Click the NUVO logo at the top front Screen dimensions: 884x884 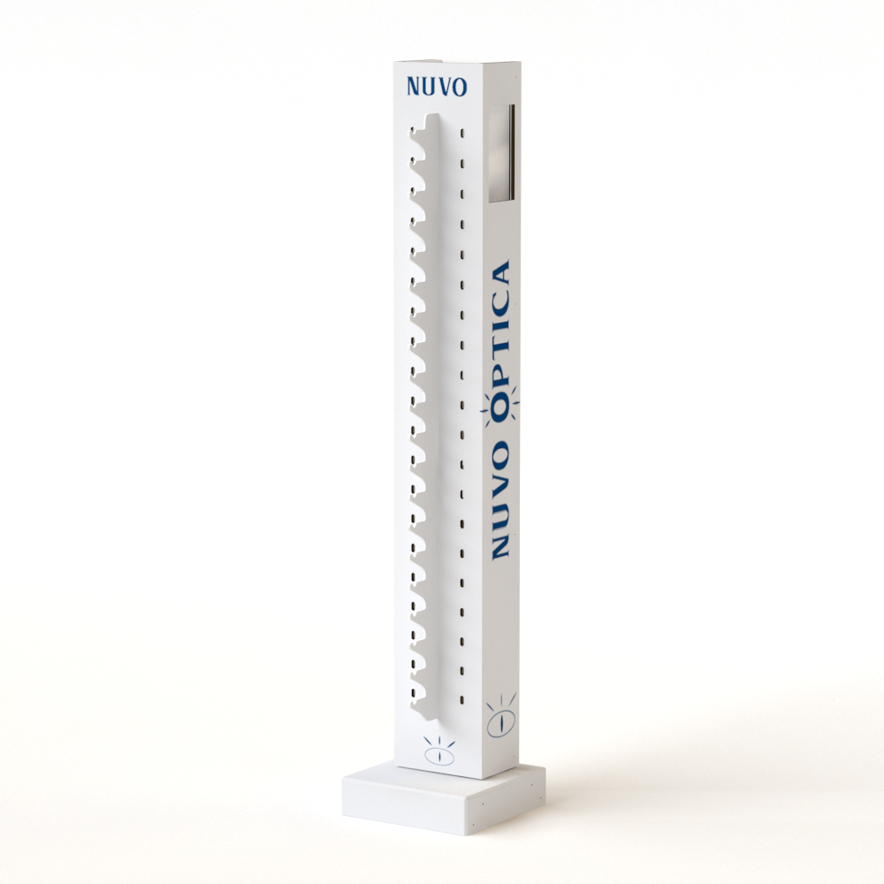437,87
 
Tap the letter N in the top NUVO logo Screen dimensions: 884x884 414,87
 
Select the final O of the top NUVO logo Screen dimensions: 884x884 460,88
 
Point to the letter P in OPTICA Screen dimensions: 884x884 500,374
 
